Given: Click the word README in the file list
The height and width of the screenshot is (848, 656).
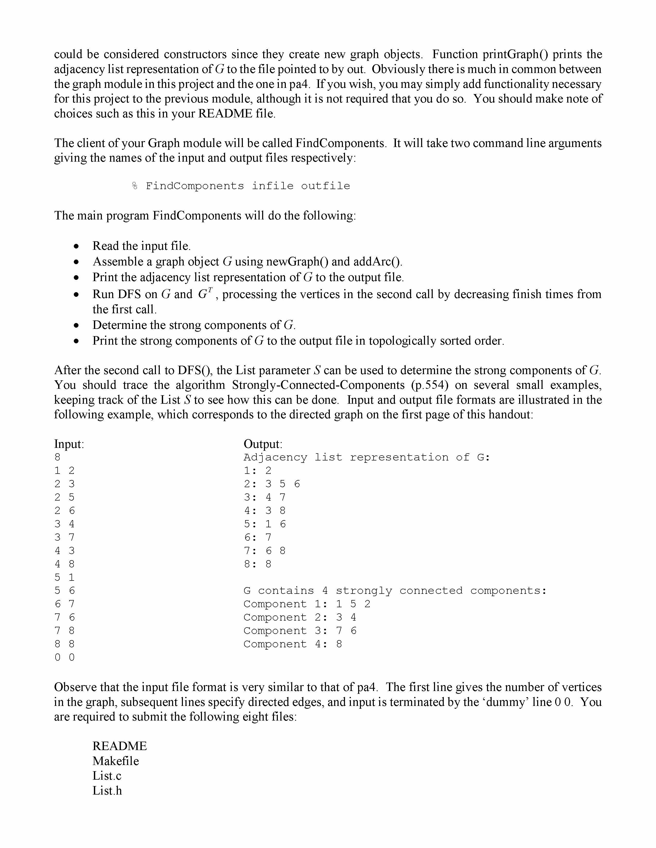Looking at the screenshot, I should point(119,746).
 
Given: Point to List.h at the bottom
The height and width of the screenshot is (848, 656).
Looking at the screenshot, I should point(107,790).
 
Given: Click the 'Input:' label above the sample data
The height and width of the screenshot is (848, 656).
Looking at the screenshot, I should point(69,444).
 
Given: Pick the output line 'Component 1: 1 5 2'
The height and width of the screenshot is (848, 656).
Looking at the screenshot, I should point(307,604).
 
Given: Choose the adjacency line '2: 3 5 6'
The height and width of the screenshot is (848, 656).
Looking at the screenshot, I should point(272,484).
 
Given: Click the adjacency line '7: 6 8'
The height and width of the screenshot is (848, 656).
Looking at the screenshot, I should point(265,551).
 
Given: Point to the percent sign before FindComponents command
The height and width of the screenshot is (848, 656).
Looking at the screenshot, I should point(135,186).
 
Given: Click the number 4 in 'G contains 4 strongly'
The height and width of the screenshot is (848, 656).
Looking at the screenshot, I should point(325,591).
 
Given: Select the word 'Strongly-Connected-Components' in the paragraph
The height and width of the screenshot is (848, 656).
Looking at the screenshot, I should point(318,385).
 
